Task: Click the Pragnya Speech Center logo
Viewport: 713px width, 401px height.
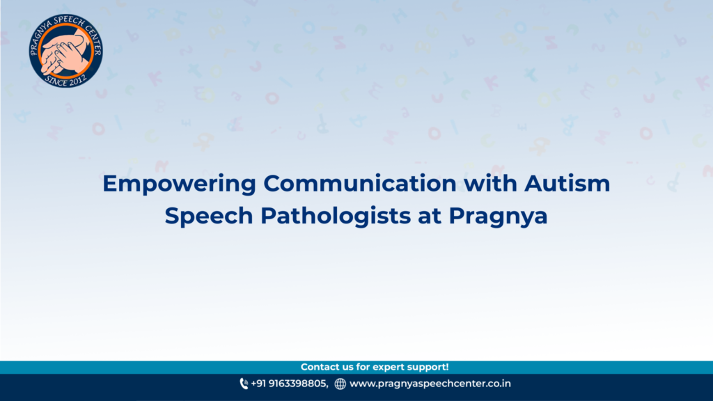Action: tap(65, 50)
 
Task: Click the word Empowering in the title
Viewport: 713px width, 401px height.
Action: tap(179, 184)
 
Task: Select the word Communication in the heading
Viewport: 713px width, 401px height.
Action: tap(360, 183)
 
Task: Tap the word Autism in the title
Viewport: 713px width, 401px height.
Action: tap(567, 183)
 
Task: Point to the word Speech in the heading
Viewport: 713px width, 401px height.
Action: tap(209, 216)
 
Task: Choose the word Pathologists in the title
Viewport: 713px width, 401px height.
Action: tap(336, 216)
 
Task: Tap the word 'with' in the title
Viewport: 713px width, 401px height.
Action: tap(490, 183)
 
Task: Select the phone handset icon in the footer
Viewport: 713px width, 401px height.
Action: tap(244, 384)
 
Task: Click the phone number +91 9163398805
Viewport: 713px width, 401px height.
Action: tap(289, 384)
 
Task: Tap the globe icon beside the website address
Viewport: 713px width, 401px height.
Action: tap(340, 384)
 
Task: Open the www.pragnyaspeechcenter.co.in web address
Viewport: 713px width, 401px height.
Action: tap(430, 384)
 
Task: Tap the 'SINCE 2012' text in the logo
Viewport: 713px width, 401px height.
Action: tap(65, 81)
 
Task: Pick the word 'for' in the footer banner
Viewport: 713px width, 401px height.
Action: tap(363, 367)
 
